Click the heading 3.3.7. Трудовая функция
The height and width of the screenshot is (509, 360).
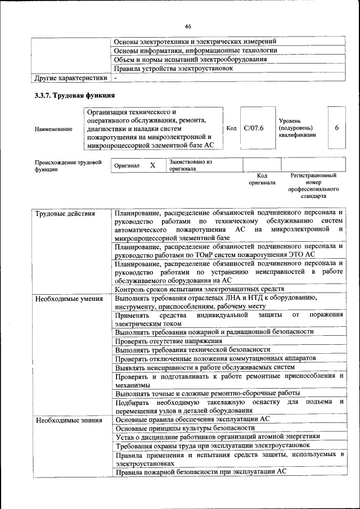point(75,96)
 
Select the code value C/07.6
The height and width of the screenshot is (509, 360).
point(254,128)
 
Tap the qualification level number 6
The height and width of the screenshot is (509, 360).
point(336,128)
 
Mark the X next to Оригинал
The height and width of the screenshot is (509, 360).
point(152,165)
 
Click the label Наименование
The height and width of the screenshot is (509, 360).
point(53,129)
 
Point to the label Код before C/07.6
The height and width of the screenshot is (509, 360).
point(231,128)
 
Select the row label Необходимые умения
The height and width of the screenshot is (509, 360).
point(69,299)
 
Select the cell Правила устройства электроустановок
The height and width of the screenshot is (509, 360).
point(173,68)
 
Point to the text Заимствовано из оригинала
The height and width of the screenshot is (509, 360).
point(190,165)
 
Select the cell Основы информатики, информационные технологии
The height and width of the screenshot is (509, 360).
point(195,51)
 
